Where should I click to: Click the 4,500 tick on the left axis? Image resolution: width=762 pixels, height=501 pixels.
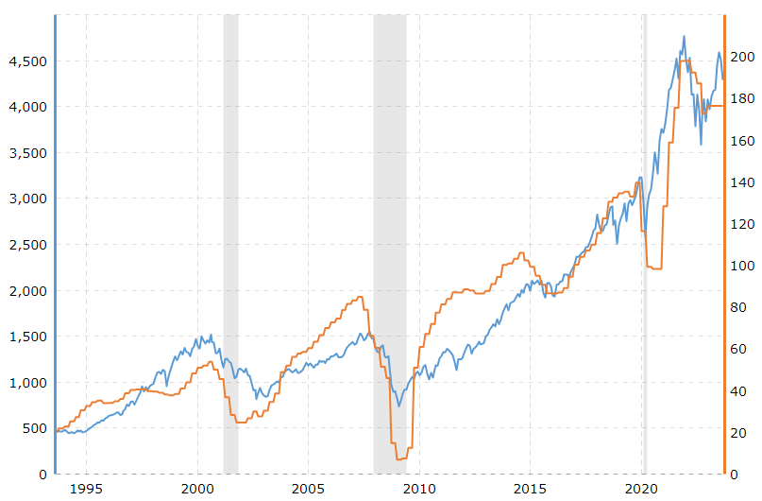(x=27, y=60)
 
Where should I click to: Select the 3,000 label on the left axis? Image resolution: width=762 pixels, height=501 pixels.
(x=27, y=199)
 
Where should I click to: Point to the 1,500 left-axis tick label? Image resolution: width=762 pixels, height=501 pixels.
(x=27, y=337)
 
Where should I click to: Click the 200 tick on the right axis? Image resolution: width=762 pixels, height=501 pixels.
(x=741, y=57)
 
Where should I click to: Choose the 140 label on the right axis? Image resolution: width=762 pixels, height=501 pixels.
(x=741, y=182)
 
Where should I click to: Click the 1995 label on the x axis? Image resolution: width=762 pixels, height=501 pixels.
(x=86, y=489)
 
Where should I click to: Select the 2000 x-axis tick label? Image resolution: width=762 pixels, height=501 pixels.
(x=197, y=489)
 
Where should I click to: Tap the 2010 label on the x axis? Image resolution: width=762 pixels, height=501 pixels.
(x=419, y=489)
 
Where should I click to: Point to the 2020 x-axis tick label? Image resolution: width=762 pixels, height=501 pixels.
(x=642, y=489)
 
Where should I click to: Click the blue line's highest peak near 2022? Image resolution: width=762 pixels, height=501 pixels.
(x=684, y=37)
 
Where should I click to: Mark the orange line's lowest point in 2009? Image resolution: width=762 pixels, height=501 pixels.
(x=400, y=458)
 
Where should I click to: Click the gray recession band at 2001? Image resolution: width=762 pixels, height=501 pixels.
(x=230, y=236)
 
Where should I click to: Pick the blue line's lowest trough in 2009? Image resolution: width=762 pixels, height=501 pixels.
(x=399, y=406)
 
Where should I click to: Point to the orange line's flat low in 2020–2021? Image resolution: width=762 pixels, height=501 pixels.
(x=654, y=268)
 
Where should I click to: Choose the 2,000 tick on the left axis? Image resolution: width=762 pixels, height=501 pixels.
(x=27, y=290)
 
